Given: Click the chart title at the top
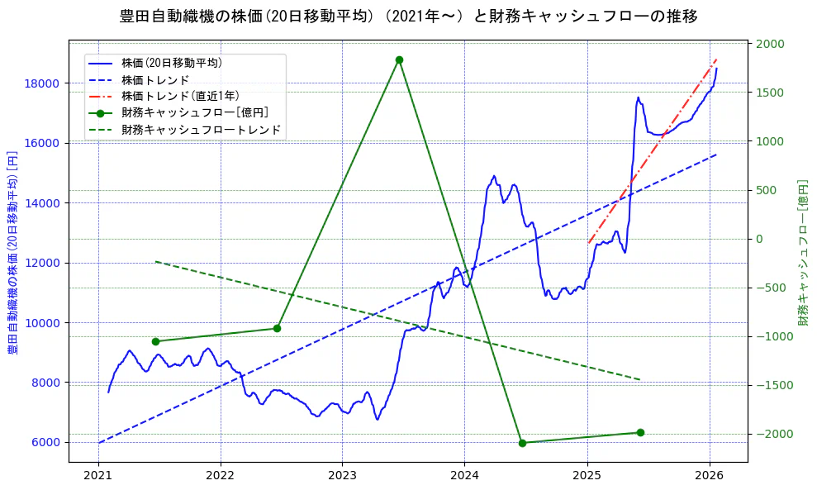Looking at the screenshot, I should click(408, 17).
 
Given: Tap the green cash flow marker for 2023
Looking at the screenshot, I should click(399, 59).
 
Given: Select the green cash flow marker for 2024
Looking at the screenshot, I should click(522, 443).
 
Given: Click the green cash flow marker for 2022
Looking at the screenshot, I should click(277, 328).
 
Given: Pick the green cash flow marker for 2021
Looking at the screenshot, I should click(155, 341).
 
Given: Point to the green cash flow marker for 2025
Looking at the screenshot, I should click(640, 432).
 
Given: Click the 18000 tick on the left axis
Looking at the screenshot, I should click(41, 83).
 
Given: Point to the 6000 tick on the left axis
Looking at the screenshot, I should click(45, 442).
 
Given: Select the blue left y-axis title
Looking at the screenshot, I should click(12, 252).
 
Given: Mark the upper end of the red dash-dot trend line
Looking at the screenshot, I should click(716, 59).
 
